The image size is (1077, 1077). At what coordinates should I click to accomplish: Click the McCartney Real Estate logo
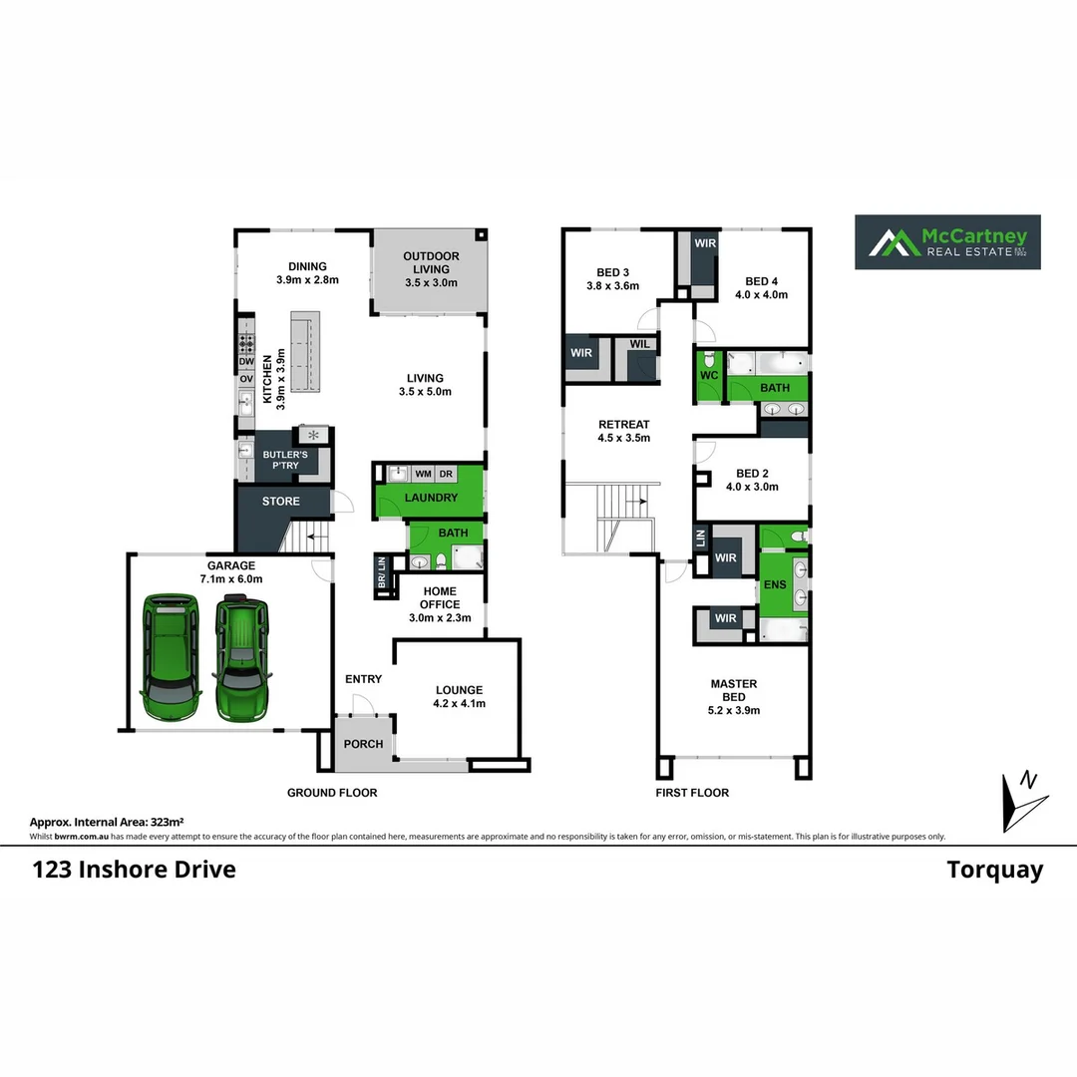coord(947,242)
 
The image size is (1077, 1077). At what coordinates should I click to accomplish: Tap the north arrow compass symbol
coord(1023,800)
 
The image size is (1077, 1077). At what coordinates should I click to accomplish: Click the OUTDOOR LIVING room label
coord(431,269)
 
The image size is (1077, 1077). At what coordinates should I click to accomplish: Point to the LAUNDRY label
coord(431,498)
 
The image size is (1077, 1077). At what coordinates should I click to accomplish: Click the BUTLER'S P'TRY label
coord(284,460)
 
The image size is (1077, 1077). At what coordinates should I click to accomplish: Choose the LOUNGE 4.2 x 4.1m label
coord(459,696)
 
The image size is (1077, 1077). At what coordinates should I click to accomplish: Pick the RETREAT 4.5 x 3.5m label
coord(624,431)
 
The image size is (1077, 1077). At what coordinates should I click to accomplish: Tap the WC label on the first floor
coord(710,375)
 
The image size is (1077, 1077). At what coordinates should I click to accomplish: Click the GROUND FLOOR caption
coord(332,793)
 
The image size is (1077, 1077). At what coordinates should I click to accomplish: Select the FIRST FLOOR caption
coord(692,793)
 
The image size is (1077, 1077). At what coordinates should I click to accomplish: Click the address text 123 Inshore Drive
coord(134,869)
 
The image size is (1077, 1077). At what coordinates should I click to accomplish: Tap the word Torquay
coord(994,870)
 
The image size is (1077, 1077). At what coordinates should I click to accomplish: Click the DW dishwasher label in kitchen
coord(245,362)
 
